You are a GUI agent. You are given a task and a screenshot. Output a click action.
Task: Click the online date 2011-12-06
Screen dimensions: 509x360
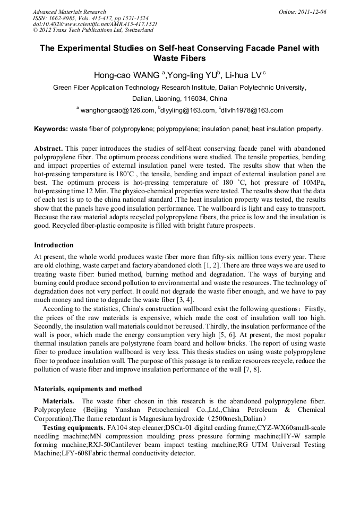312,12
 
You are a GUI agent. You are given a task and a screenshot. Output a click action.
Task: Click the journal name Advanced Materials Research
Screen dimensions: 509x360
69,12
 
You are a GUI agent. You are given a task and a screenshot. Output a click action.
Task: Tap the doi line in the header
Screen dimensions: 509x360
95,24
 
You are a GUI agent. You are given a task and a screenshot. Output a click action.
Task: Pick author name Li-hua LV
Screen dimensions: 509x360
244,75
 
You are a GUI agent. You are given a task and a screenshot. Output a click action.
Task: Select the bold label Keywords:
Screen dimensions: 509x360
51,129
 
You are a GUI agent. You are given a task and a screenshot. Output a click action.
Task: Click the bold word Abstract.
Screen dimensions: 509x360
49,148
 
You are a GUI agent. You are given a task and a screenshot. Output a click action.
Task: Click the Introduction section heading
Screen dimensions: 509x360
54,245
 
